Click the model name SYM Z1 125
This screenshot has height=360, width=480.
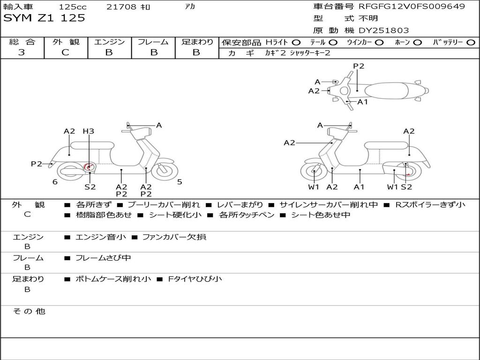[45, 18]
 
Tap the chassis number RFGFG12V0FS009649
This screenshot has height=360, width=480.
[412, 7]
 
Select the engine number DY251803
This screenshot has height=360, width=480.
[383, 30]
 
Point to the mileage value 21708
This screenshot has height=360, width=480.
[121, 7]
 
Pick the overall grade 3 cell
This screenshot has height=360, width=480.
[22, 52]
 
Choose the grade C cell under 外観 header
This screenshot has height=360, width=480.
[65, 52]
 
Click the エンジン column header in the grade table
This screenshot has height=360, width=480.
[109, 42]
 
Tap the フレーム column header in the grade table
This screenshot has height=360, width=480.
[153, 42]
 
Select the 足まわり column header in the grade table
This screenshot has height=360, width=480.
[197, 42]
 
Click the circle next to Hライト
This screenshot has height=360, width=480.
[296, 43]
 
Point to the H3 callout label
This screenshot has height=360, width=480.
[88, 131]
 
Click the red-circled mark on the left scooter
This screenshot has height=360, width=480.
[88, 167]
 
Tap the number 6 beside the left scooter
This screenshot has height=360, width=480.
[55, 182]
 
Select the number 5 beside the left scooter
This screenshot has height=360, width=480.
[180, 182]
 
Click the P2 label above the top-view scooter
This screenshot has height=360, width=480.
[359, 66]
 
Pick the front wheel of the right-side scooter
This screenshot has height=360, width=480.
[314, 172]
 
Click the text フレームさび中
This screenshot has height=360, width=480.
[103, 258]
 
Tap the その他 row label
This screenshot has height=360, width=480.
[29, 311]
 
